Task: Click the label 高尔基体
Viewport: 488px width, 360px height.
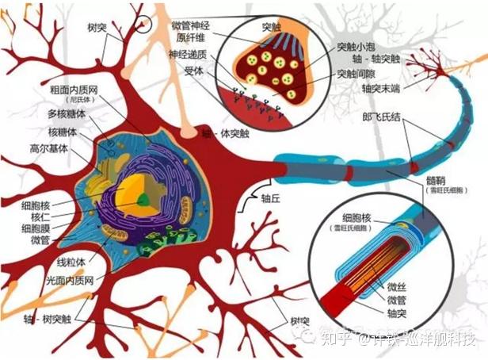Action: point(47,148)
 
